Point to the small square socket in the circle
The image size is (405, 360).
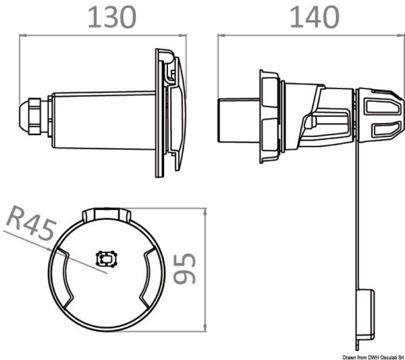(x=107, y=258)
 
